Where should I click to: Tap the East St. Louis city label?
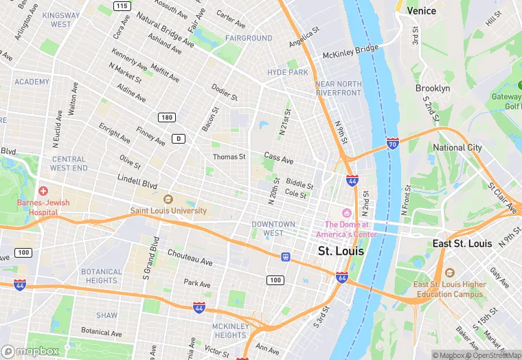coord(462,244)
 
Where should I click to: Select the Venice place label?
coord(421,11)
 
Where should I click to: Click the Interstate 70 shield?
coord(392,144)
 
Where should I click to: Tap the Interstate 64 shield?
coord(342,277)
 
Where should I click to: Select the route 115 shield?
coord(122,6)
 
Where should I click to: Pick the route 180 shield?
coord(166,117)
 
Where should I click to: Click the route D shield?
coord(179,138)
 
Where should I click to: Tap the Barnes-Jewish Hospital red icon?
coord(43,190)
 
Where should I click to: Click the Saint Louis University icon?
coord(168,199)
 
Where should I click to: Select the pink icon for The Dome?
coord(347,212)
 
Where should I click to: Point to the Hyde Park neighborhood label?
coord(288,72)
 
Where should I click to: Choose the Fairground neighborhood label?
coord(249,38)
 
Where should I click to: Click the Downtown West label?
coord(273,229)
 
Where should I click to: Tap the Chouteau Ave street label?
coord(190,260)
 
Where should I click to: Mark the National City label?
coord(457,148)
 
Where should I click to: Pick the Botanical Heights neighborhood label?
coord(102,276)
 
